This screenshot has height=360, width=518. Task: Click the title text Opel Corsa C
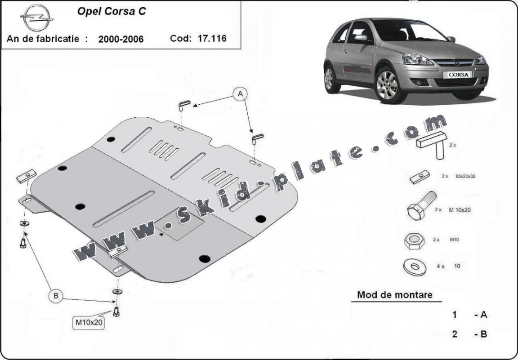point(112,12)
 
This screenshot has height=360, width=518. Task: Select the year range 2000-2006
point(121,39)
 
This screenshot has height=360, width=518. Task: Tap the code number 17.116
point(211,38)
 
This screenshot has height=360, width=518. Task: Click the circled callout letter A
point(240,93)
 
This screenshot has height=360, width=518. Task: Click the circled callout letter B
point(56,295)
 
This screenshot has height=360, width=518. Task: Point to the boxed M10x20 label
point(89,322)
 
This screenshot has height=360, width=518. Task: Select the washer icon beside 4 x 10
point(415,266)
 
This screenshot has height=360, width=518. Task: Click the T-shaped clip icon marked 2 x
point(432,144)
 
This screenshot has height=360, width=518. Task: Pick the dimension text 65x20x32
point(465,176)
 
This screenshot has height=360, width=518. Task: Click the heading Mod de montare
point(394,295)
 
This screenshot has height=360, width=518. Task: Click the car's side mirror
point(361,38)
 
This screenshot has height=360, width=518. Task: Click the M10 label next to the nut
point(454,240)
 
